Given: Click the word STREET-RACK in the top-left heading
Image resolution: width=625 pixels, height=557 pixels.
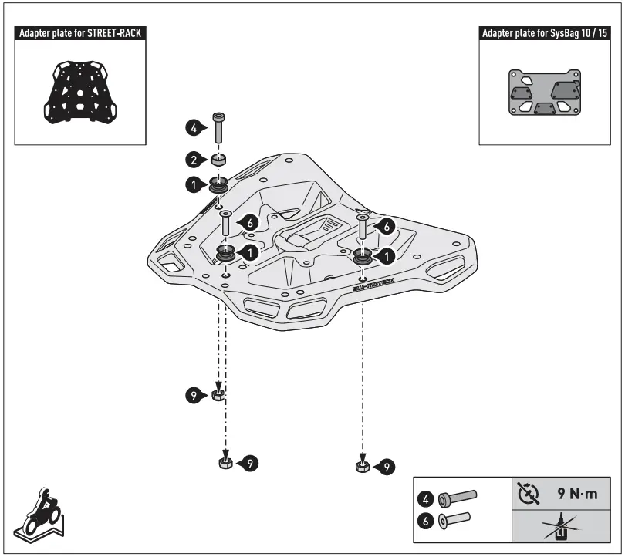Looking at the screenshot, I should [x=115, y=34].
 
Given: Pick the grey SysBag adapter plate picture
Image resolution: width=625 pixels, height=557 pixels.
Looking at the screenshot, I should [x=543, y=93].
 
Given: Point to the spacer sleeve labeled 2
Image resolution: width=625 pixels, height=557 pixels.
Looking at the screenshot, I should [x=219, y=160].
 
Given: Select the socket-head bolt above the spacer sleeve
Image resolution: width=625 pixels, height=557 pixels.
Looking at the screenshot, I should [x=219, y=126].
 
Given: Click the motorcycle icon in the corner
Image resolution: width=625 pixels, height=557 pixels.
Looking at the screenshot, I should [x=39, y=512].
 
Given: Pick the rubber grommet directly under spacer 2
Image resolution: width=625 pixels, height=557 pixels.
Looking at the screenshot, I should [x=218, y=185].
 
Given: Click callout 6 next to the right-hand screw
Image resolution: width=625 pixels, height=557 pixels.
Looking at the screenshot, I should [x=387, y=224].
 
